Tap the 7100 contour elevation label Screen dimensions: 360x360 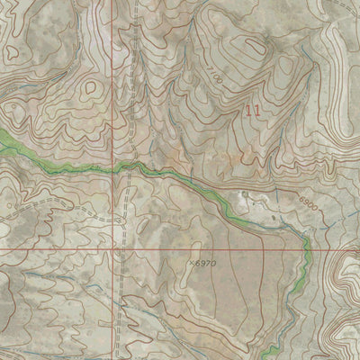[212, 74]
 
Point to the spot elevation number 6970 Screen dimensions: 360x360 [206, 264]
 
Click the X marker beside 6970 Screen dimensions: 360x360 [193, 264]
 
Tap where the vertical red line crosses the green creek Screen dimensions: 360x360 [115, 167]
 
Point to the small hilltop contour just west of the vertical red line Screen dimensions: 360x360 [90, 90]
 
